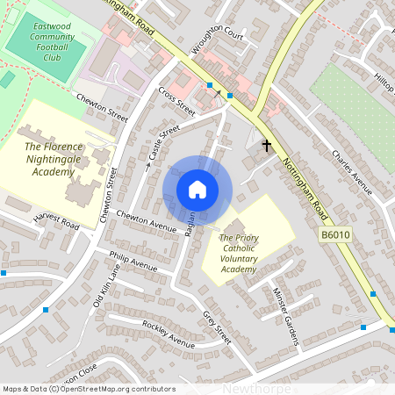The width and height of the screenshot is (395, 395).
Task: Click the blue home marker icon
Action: click(197, 190)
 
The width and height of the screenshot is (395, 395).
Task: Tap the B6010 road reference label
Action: click(334, 235)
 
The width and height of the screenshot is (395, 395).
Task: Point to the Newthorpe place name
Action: click(255, 387)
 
